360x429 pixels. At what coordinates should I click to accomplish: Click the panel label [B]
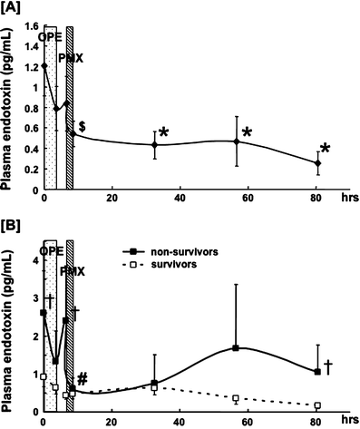(15, 220)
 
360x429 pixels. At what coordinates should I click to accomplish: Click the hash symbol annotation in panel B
(82, 379)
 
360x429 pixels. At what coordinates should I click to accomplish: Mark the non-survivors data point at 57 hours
(236, 348)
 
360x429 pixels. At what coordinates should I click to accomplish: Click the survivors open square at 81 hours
(317, 405)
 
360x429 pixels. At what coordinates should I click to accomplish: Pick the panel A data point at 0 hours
(44, 66)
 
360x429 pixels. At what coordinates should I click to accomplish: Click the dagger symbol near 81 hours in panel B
(328, 366)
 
